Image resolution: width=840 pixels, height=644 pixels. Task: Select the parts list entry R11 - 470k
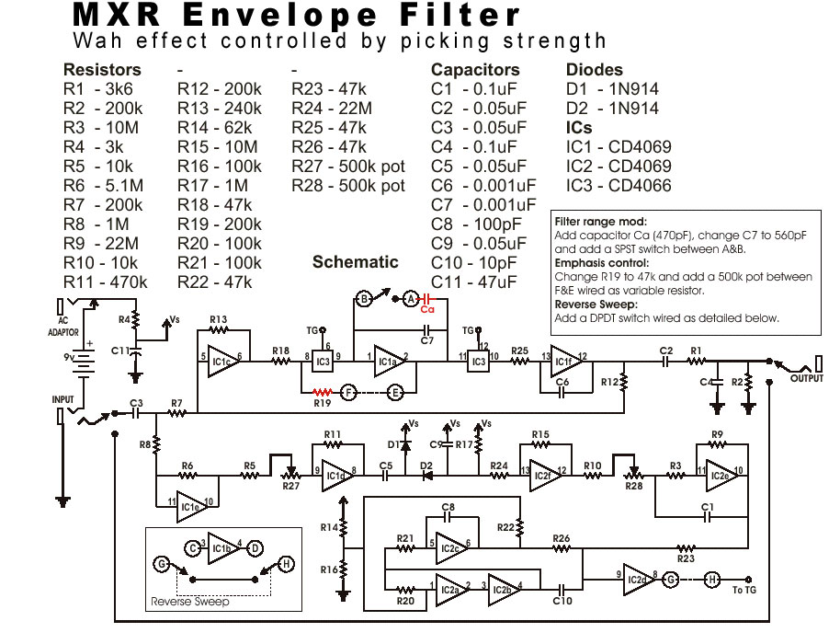[106, 282]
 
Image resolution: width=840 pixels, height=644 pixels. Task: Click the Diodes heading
[594, 70]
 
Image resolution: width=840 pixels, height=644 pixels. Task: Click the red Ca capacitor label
[426, 309]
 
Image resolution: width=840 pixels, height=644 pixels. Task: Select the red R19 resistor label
[321, 403]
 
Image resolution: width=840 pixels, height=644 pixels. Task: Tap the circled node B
[364, 298]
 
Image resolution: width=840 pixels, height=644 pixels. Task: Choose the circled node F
[348, 391]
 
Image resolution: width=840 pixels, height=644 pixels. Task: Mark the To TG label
[744, 590]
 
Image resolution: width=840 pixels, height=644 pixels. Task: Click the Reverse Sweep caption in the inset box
[189, 603]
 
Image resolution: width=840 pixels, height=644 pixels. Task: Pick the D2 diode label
[426, 466]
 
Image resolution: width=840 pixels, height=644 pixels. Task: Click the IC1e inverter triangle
[190, 505]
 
